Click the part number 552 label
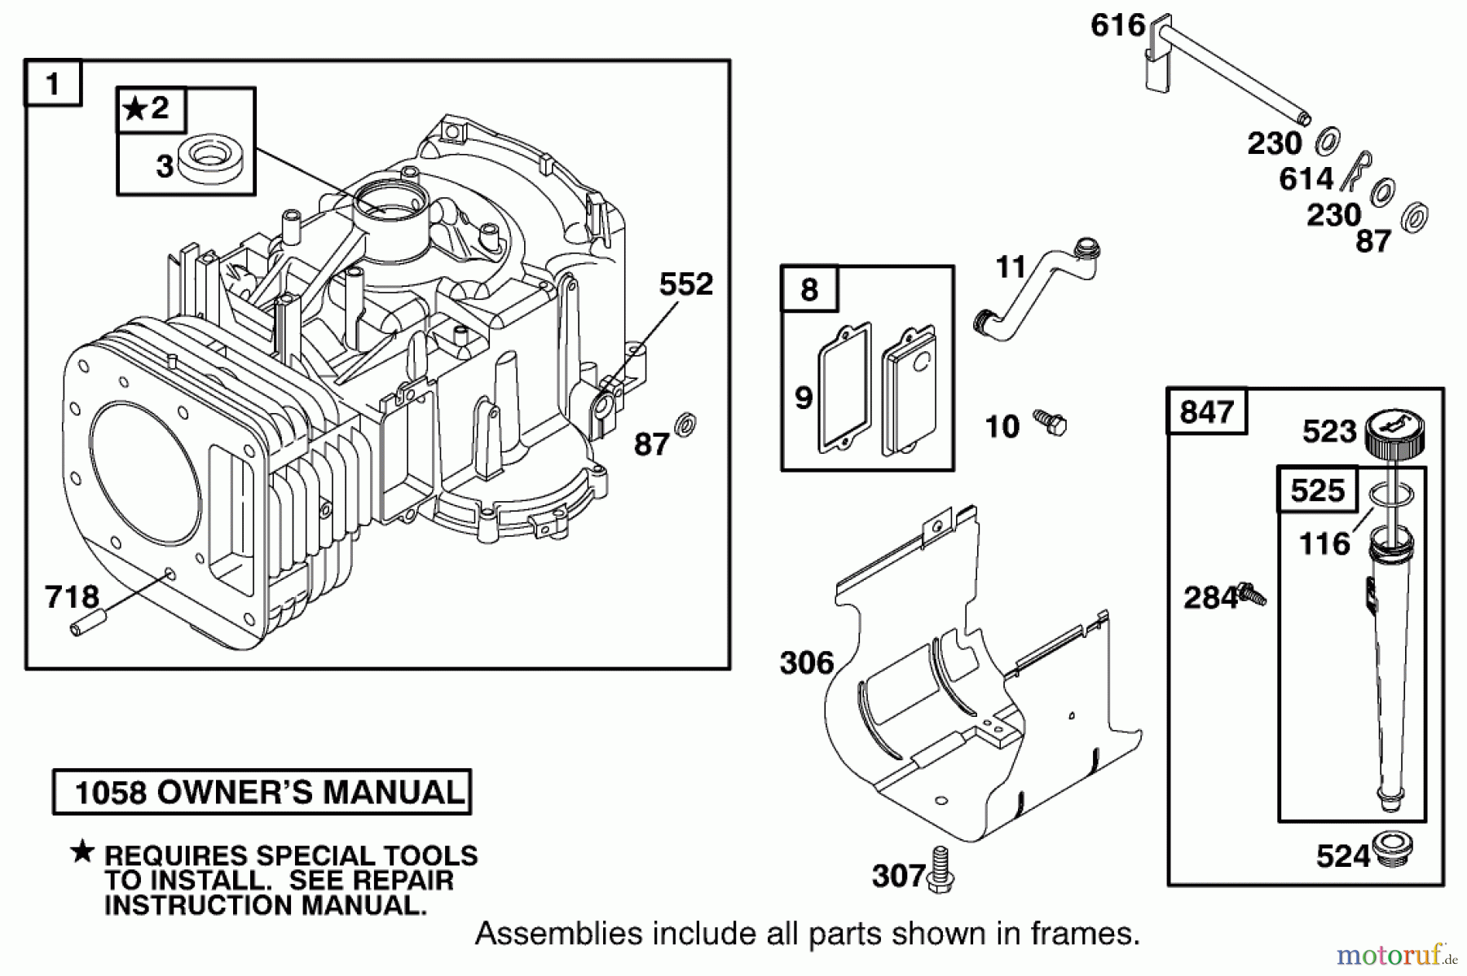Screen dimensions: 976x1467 pos(685,284)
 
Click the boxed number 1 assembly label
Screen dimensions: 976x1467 pos(54,84)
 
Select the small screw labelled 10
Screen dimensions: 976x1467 pos(1051,423)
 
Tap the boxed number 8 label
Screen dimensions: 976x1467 pos(809,289)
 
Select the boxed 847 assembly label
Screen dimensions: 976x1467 pos(1207,412)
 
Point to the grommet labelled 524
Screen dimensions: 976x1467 pos(1392,851)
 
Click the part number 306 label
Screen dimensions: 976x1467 pos(807,663)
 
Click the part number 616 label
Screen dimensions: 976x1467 pos(1117,26)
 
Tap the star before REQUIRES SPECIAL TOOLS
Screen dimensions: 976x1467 pos(82,852)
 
